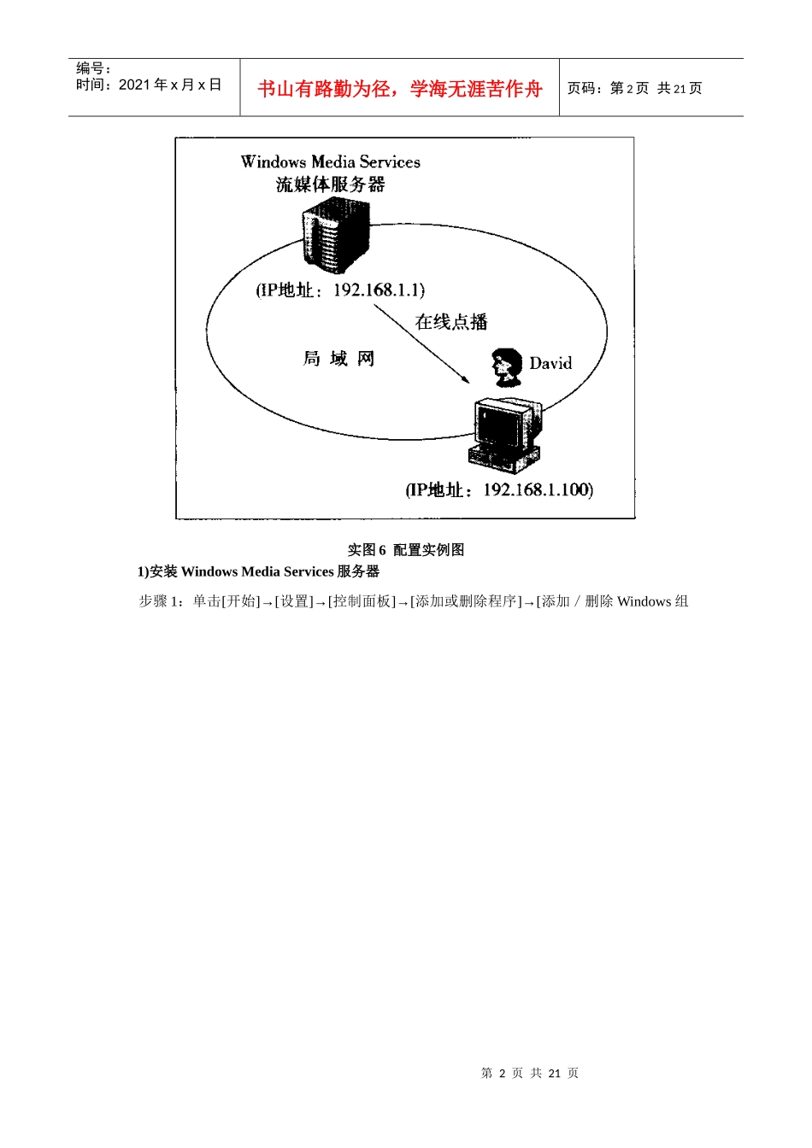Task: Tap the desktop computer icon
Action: tap(506, 433)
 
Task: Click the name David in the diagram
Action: tap(550, 364)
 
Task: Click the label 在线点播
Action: tap(451, 322)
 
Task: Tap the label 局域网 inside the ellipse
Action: tap(339, 359)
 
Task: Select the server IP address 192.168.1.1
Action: tap(379, 290)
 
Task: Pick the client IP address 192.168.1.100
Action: tap(537, 489)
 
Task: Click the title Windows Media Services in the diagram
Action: tap(331, 161)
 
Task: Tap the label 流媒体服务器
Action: tap(331, 184)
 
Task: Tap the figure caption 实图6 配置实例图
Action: tap(406, 550)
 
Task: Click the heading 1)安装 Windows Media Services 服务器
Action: tap(258, 572)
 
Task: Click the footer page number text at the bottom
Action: tap(530, 1074)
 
